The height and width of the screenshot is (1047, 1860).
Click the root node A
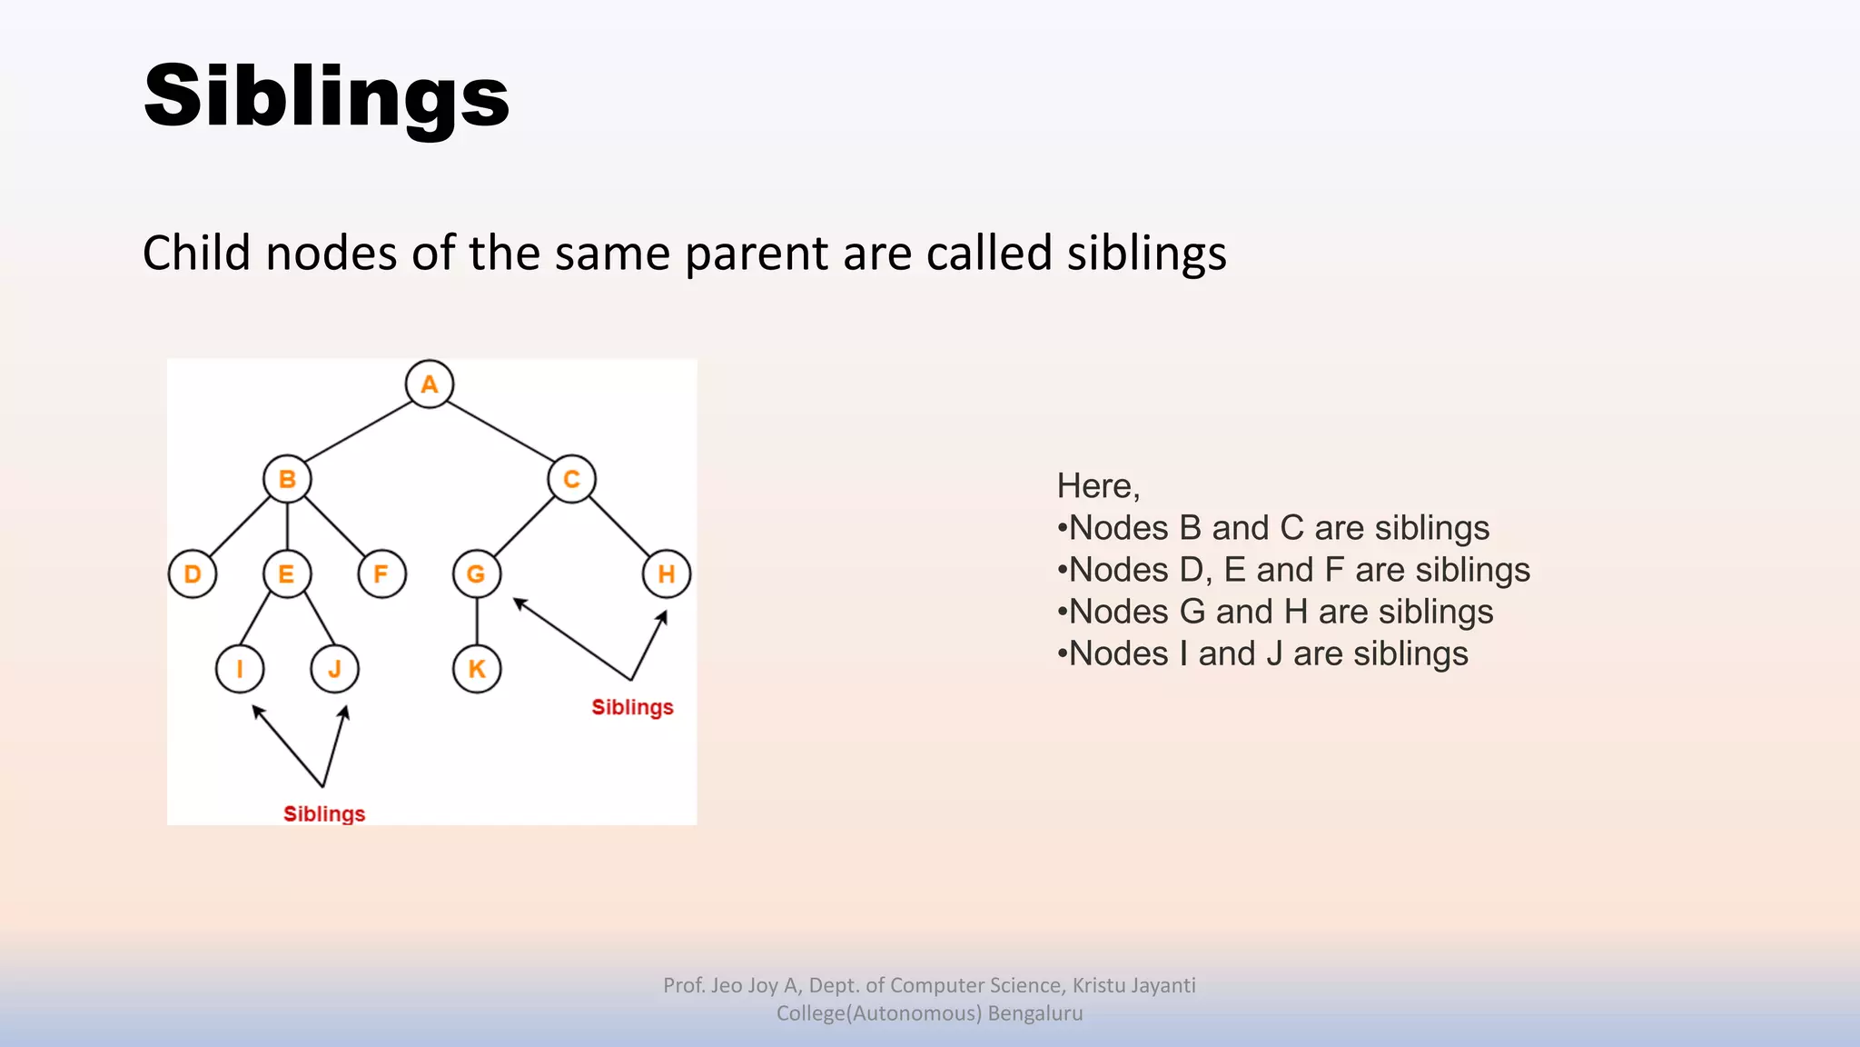429,384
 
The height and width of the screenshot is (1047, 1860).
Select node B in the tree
287,479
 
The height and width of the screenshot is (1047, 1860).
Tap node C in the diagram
571,479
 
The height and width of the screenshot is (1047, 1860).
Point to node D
193,574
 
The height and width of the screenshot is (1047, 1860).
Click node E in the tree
287,574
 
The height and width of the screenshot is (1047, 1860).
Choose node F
381,574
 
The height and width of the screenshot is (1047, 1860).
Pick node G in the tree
476,574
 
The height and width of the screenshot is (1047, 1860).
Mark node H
666,574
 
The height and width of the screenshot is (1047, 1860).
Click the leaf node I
240,669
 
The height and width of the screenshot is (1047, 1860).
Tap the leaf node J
334,669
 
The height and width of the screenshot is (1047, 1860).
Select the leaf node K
476,669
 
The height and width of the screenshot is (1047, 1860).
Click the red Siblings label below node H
632,707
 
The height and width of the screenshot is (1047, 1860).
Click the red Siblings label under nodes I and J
324,813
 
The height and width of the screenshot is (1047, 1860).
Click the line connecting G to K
477,622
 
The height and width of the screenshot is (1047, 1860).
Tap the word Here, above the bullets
1098,486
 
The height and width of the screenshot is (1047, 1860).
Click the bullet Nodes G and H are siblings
1275,612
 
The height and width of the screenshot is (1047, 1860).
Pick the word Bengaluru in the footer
1034,1013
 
